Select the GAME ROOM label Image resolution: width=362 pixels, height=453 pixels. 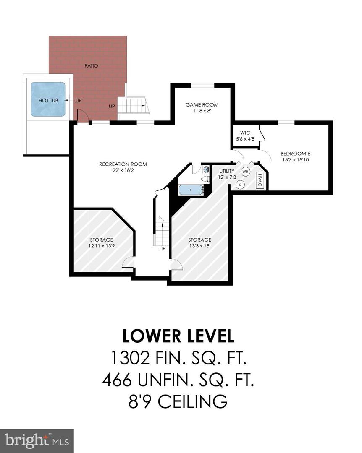point(202,105)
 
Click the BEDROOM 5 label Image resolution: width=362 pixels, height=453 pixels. point(296,154)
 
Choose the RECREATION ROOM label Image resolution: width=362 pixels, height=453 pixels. point(123,164)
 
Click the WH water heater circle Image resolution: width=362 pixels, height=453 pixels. point(245,172)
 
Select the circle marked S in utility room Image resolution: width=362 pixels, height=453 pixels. point(240,185)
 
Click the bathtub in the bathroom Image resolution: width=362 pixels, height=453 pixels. point(191,190)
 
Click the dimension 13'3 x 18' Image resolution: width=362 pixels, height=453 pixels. point(199,246)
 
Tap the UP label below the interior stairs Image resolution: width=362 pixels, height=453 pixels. point(162,249)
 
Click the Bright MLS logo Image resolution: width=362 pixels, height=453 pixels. point(37,440)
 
